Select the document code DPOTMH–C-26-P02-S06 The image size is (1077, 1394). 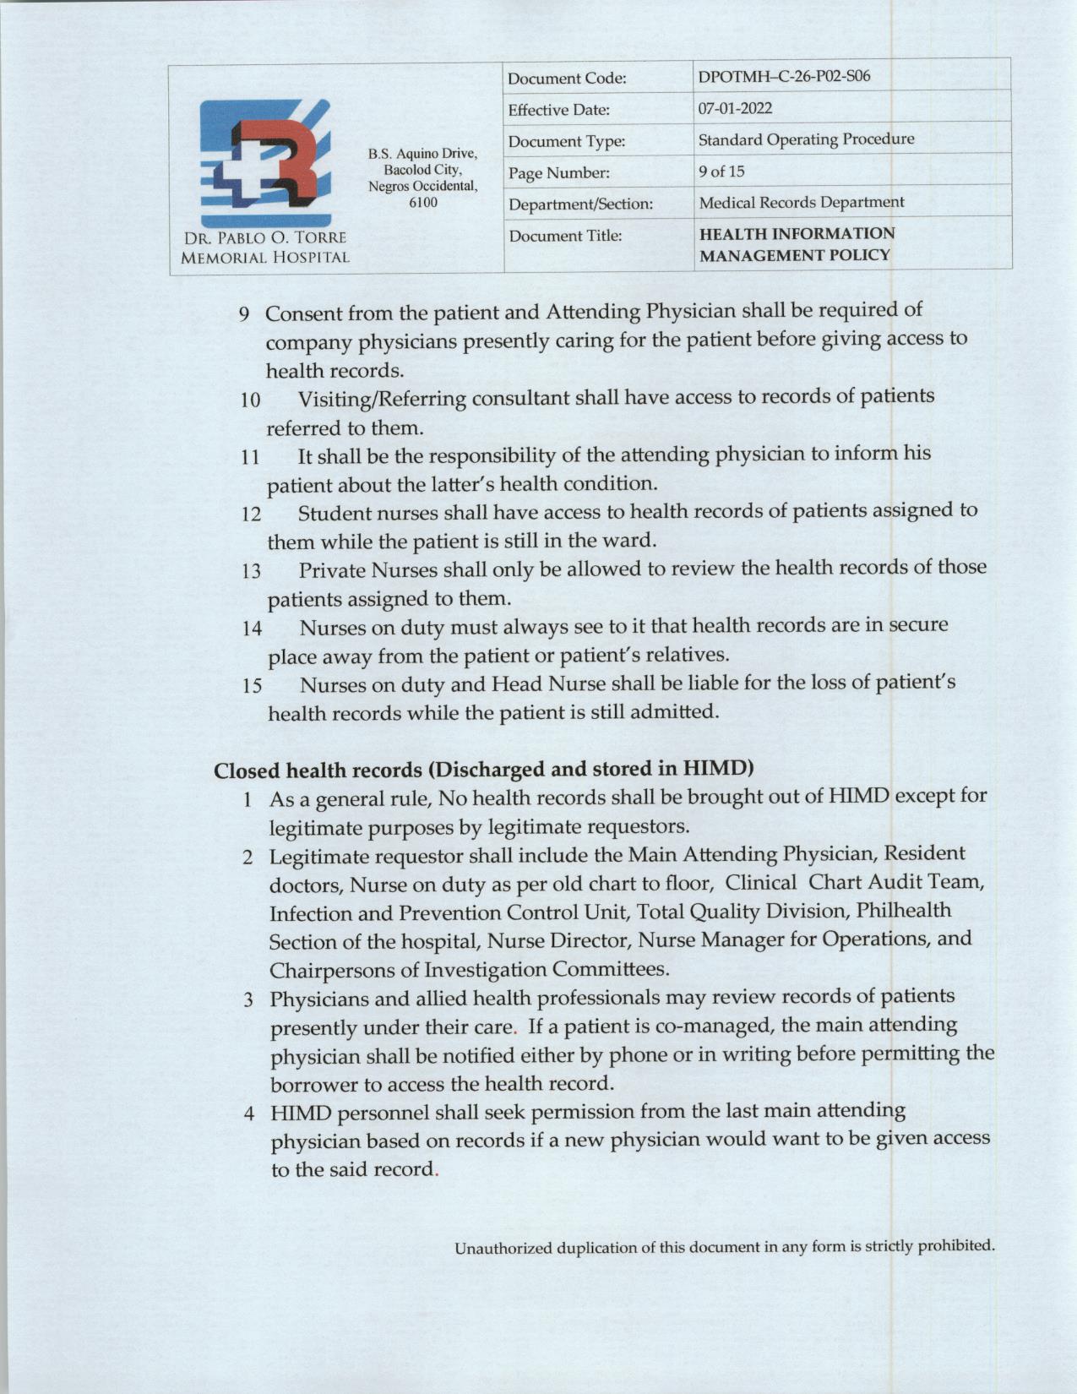[785, 77]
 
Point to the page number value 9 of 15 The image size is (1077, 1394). [721, 172]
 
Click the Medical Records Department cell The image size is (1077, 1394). [801, 203]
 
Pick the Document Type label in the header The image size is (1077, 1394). [567, 141]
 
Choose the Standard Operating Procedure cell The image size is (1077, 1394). [806, 139]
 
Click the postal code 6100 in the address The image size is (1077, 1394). [422, 202]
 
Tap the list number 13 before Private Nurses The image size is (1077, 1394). [251, 570]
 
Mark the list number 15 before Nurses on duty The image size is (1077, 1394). [252, 685]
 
